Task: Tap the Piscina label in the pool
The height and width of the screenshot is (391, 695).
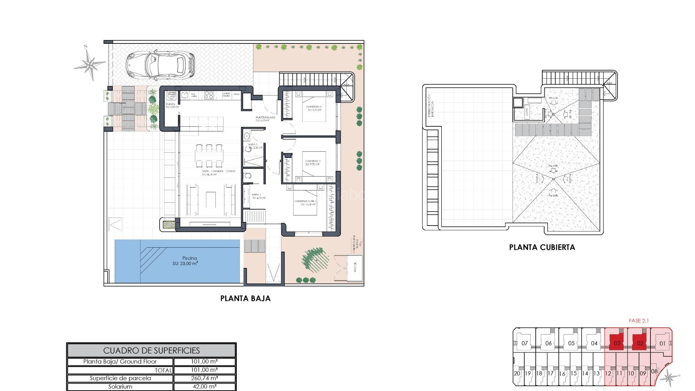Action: [189, 258]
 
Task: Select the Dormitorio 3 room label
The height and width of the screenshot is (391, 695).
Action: [313, 107]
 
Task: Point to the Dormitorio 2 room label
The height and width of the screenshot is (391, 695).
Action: [312, 161]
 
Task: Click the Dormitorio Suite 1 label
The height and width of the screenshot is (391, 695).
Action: [306, 201]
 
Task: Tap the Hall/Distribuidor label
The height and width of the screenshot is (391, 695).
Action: [265, 118]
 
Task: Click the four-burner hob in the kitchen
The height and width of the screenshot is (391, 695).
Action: [209, 95]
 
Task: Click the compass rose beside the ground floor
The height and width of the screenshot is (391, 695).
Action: [89, 64]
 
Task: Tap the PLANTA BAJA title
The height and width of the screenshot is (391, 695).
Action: [245, 298]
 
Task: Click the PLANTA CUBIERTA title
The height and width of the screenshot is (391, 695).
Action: [542, 247]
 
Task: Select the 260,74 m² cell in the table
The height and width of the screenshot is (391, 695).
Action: [204, 378]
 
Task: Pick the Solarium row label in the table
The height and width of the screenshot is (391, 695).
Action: [120, 387]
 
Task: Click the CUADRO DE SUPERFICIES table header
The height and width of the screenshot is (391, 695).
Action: [151, 350]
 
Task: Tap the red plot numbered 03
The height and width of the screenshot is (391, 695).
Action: [617, 343]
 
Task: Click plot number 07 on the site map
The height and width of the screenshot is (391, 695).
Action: [525, 343]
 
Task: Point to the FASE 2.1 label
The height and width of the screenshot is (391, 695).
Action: [639, 321]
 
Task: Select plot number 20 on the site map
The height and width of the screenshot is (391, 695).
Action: [517, 374]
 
